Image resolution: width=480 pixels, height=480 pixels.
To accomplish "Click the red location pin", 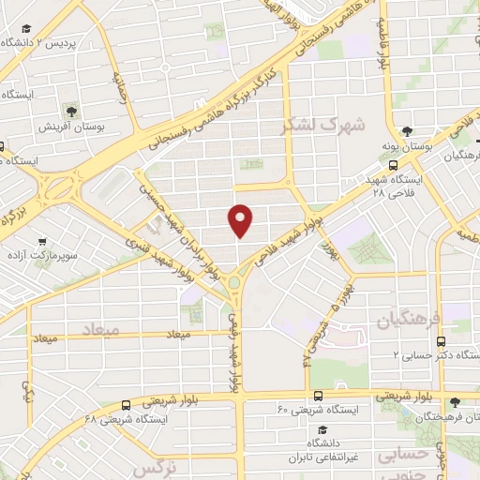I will [241, 219].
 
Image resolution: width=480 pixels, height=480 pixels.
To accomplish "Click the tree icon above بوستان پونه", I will [407, 132].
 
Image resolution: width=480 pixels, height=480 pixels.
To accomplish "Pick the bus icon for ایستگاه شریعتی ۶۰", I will [318, 396].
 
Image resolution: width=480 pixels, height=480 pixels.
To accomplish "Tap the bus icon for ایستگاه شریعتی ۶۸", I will [126, 405].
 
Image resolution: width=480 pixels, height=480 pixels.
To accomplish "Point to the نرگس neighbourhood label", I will [152, 466].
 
